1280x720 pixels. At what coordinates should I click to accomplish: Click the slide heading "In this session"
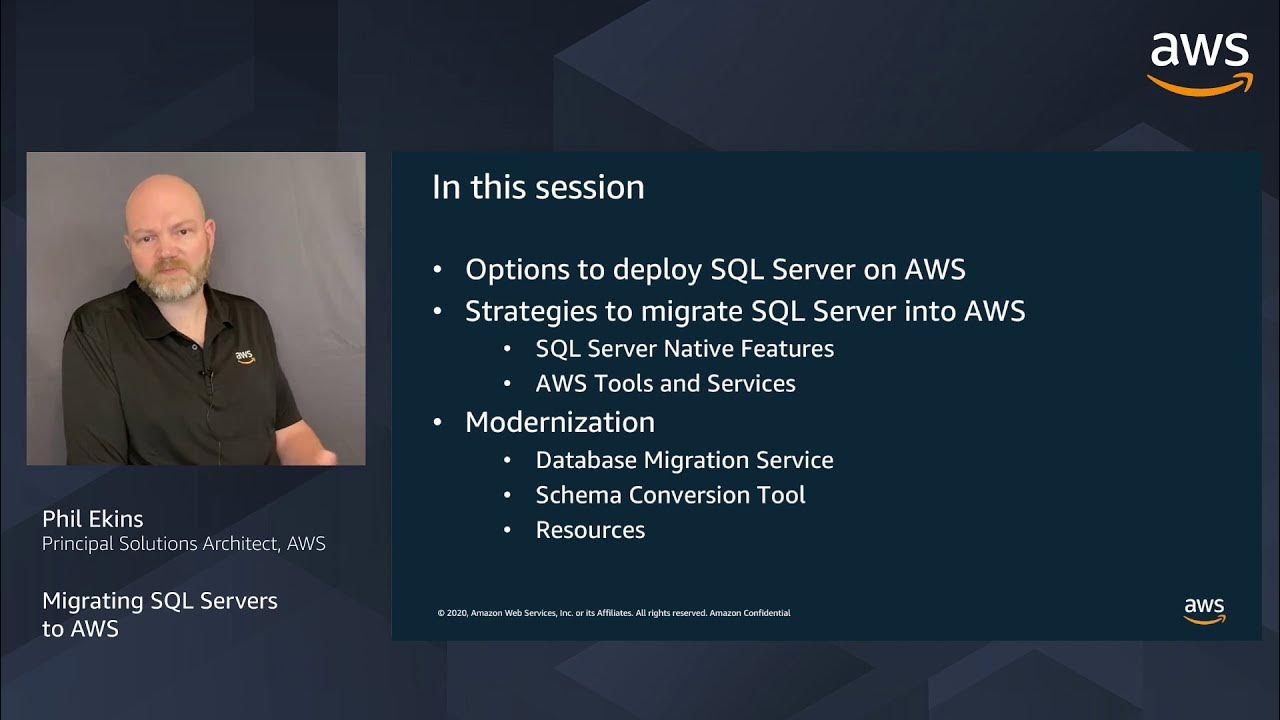538,188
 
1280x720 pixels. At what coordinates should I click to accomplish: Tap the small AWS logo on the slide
1204,610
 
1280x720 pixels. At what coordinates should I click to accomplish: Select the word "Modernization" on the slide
560,422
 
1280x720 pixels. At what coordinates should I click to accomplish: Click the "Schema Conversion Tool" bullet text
670,495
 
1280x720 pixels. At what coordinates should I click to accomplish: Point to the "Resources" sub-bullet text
590,530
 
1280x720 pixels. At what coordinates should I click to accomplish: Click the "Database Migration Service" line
684,460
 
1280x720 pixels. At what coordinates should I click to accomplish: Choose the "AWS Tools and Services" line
665,384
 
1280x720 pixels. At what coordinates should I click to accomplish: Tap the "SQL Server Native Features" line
684,349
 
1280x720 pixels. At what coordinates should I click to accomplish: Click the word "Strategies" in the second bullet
527,312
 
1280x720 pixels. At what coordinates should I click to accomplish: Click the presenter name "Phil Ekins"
93,519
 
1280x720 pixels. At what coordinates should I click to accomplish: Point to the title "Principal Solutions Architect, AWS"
183,544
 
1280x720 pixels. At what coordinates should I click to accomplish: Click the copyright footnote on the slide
614,613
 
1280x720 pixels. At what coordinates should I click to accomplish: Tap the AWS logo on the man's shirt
244,356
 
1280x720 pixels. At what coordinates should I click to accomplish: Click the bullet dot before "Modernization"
437,423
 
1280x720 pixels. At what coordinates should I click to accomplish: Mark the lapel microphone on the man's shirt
206,376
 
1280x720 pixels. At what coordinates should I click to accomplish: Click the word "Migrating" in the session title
93,601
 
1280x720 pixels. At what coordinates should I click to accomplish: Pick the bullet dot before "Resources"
508,530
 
